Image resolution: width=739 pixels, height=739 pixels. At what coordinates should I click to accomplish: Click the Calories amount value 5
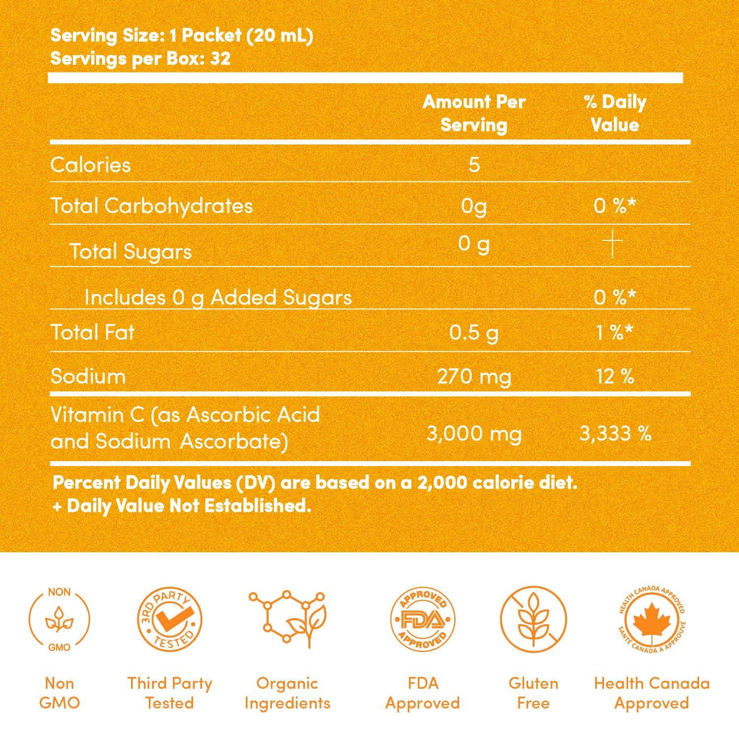click(474, 165)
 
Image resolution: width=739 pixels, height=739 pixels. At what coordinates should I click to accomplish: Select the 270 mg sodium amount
click(474, 377)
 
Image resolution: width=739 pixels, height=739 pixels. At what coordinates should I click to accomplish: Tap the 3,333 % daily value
click(615, 434)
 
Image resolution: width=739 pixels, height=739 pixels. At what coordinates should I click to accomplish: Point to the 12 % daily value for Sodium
click(615, 377)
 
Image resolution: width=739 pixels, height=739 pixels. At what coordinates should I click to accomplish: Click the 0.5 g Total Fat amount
click(474, 333)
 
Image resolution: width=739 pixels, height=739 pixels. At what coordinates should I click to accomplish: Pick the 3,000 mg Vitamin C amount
click(474, 434)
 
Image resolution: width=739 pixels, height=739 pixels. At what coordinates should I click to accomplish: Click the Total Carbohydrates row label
click(152, 206)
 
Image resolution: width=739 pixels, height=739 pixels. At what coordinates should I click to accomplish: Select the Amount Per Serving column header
click(474, 113)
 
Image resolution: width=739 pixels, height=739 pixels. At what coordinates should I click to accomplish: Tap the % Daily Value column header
click(615, 113)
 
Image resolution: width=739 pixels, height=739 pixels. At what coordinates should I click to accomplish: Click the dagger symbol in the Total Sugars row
click(612, 243)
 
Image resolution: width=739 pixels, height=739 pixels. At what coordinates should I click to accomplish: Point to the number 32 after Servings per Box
click(220, 59)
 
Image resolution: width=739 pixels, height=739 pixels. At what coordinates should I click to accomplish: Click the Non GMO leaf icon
click(59, 619)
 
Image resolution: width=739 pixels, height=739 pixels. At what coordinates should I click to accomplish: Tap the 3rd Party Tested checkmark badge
click(169, 619)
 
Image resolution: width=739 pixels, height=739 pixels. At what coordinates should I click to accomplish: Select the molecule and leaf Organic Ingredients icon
click(288, 618)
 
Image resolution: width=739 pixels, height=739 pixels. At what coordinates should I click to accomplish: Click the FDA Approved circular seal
click(423, 619)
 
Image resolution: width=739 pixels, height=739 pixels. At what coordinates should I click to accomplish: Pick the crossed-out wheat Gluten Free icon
click(534, 619)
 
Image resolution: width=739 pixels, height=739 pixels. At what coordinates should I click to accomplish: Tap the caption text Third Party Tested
click(169, 693)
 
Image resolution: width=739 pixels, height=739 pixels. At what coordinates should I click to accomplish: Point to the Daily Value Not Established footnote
click(182, 506)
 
